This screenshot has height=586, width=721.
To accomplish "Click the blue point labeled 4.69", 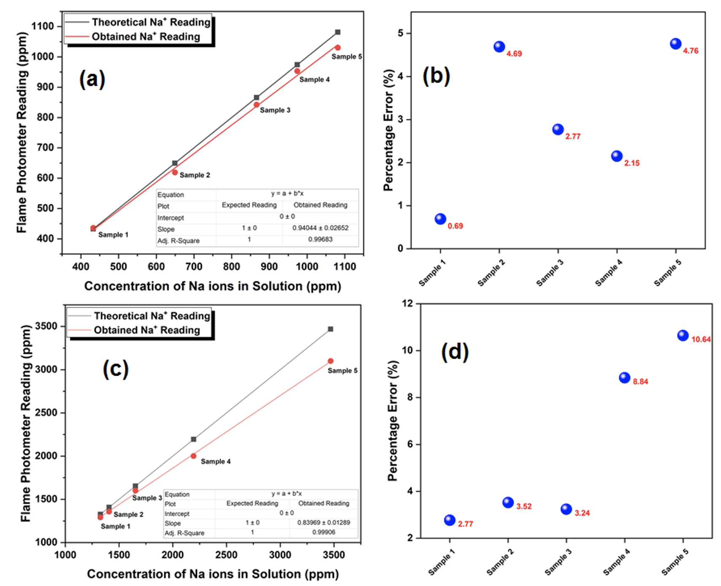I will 499,46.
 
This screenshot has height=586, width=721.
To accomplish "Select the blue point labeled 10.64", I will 683,336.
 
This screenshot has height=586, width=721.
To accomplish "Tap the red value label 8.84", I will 640,382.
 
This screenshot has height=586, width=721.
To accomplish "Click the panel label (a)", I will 92,79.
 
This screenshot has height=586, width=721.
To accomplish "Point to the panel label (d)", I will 455,352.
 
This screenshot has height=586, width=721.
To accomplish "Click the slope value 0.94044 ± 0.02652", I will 320,228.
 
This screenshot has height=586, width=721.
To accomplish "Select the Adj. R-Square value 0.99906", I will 324,532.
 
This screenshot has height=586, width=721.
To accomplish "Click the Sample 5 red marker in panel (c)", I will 331,361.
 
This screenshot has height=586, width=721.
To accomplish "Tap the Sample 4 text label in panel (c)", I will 215,461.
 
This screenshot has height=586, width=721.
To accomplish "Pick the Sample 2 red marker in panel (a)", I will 175,172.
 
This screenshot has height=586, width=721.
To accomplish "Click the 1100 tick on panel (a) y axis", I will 43,26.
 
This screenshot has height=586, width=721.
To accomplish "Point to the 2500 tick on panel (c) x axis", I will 226,555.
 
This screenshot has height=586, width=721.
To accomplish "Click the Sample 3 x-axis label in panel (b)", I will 550,273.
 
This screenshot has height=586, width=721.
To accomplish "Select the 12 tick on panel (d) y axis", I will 407,304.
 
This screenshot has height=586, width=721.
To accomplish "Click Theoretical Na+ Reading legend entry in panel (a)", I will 151,22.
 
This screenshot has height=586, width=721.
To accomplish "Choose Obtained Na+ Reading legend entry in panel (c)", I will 146,330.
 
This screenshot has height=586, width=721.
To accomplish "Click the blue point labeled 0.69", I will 440,219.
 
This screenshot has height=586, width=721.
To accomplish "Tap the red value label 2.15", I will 632,163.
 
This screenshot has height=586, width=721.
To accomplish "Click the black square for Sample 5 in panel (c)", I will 331,329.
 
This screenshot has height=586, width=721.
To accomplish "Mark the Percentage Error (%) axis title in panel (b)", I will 389,130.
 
